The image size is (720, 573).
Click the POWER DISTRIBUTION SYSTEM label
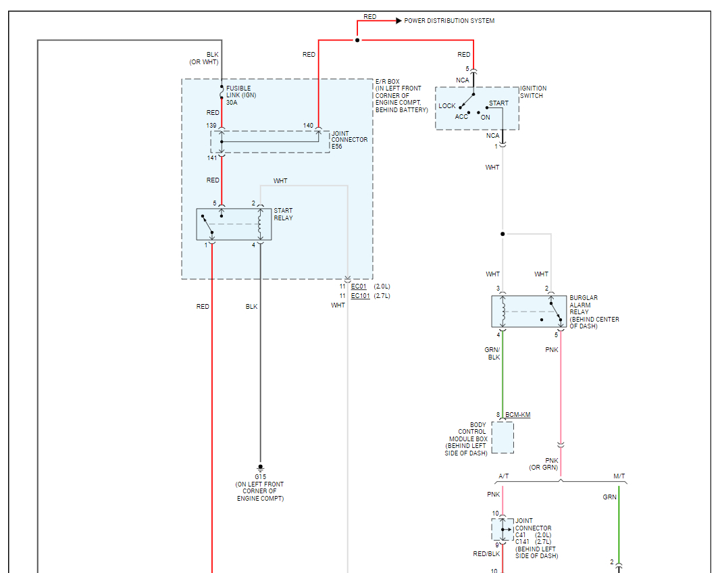[449, 21]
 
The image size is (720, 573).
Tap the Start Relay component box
[234, 224]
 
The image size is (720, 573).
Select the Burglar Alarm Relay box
[529, 312]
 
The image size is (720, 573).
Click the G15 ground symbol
[260, 468]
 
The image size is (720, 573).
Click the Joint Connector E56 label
[349, 139]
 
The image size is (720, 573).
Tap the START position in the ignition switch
[498, 103]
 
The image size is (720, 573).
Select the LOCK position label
[447, 106]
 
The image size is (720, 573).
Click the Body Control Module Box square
[503, 437]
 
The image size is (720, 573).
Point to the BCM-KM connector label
[517, 415]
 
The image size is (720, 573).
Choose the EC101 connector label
[360, 296]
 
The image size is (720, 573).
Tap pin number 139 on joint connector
[212, 126]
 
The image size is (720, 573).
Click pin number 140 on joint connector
[308, 126]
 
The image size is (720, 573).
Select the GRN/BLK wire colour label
[492, 353]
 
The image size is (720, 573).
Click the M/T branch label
[619, 476]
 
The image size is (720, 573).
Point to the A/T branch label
[504, 476]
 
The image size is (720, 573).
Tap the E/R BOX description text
[401, 96]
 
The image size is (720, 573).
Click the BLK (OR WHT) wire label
[203, 58]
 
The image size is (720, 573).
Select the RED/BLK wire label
[486, 553]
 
